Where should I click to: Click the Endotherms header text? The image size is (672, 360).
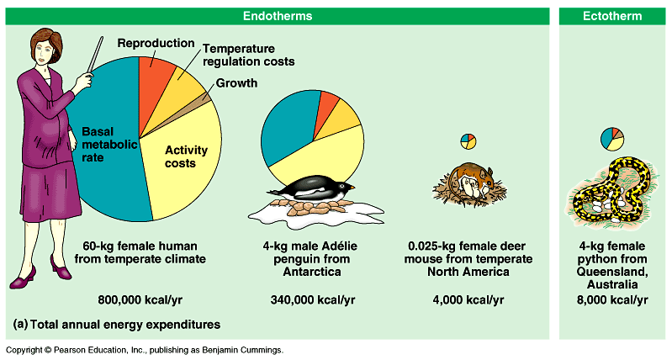(x=278, y=16)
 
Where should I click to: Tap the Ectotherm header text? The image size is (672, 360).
(x=612, y=16)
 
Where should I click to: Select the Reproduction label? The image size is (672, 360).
(x=156, y=43)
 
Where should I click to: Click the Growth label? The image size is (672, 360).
(x=236, y=82)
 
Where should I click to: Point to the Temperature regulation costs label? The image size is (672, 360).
(x=249, y=55)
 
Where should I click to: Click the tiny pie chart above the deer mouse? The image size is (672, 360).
(x=468, y=141)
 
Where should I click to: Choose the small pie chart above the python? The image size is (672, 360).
(x=612, y=139)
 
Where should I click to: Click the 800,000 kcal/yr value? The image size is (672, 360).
(x=140, y=300)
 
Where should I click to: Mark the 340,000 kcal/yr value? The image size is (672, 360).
(x=312, y=300)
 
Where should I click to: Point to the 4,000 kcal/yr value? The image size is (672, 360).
(x=468, y=300)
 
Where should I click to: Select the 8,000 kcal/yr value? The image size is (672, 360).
(x=612, y=300)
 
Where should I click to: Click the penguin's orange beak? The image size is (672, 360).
(x=351, y=187)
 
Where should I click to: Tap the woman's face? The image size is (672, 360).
(x=44, y=50)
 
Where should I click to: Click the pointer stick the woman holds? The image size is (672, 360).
(x=95, y=55)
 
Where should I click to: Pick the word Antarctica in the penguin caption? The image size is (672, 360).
(x=312, y=272)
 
